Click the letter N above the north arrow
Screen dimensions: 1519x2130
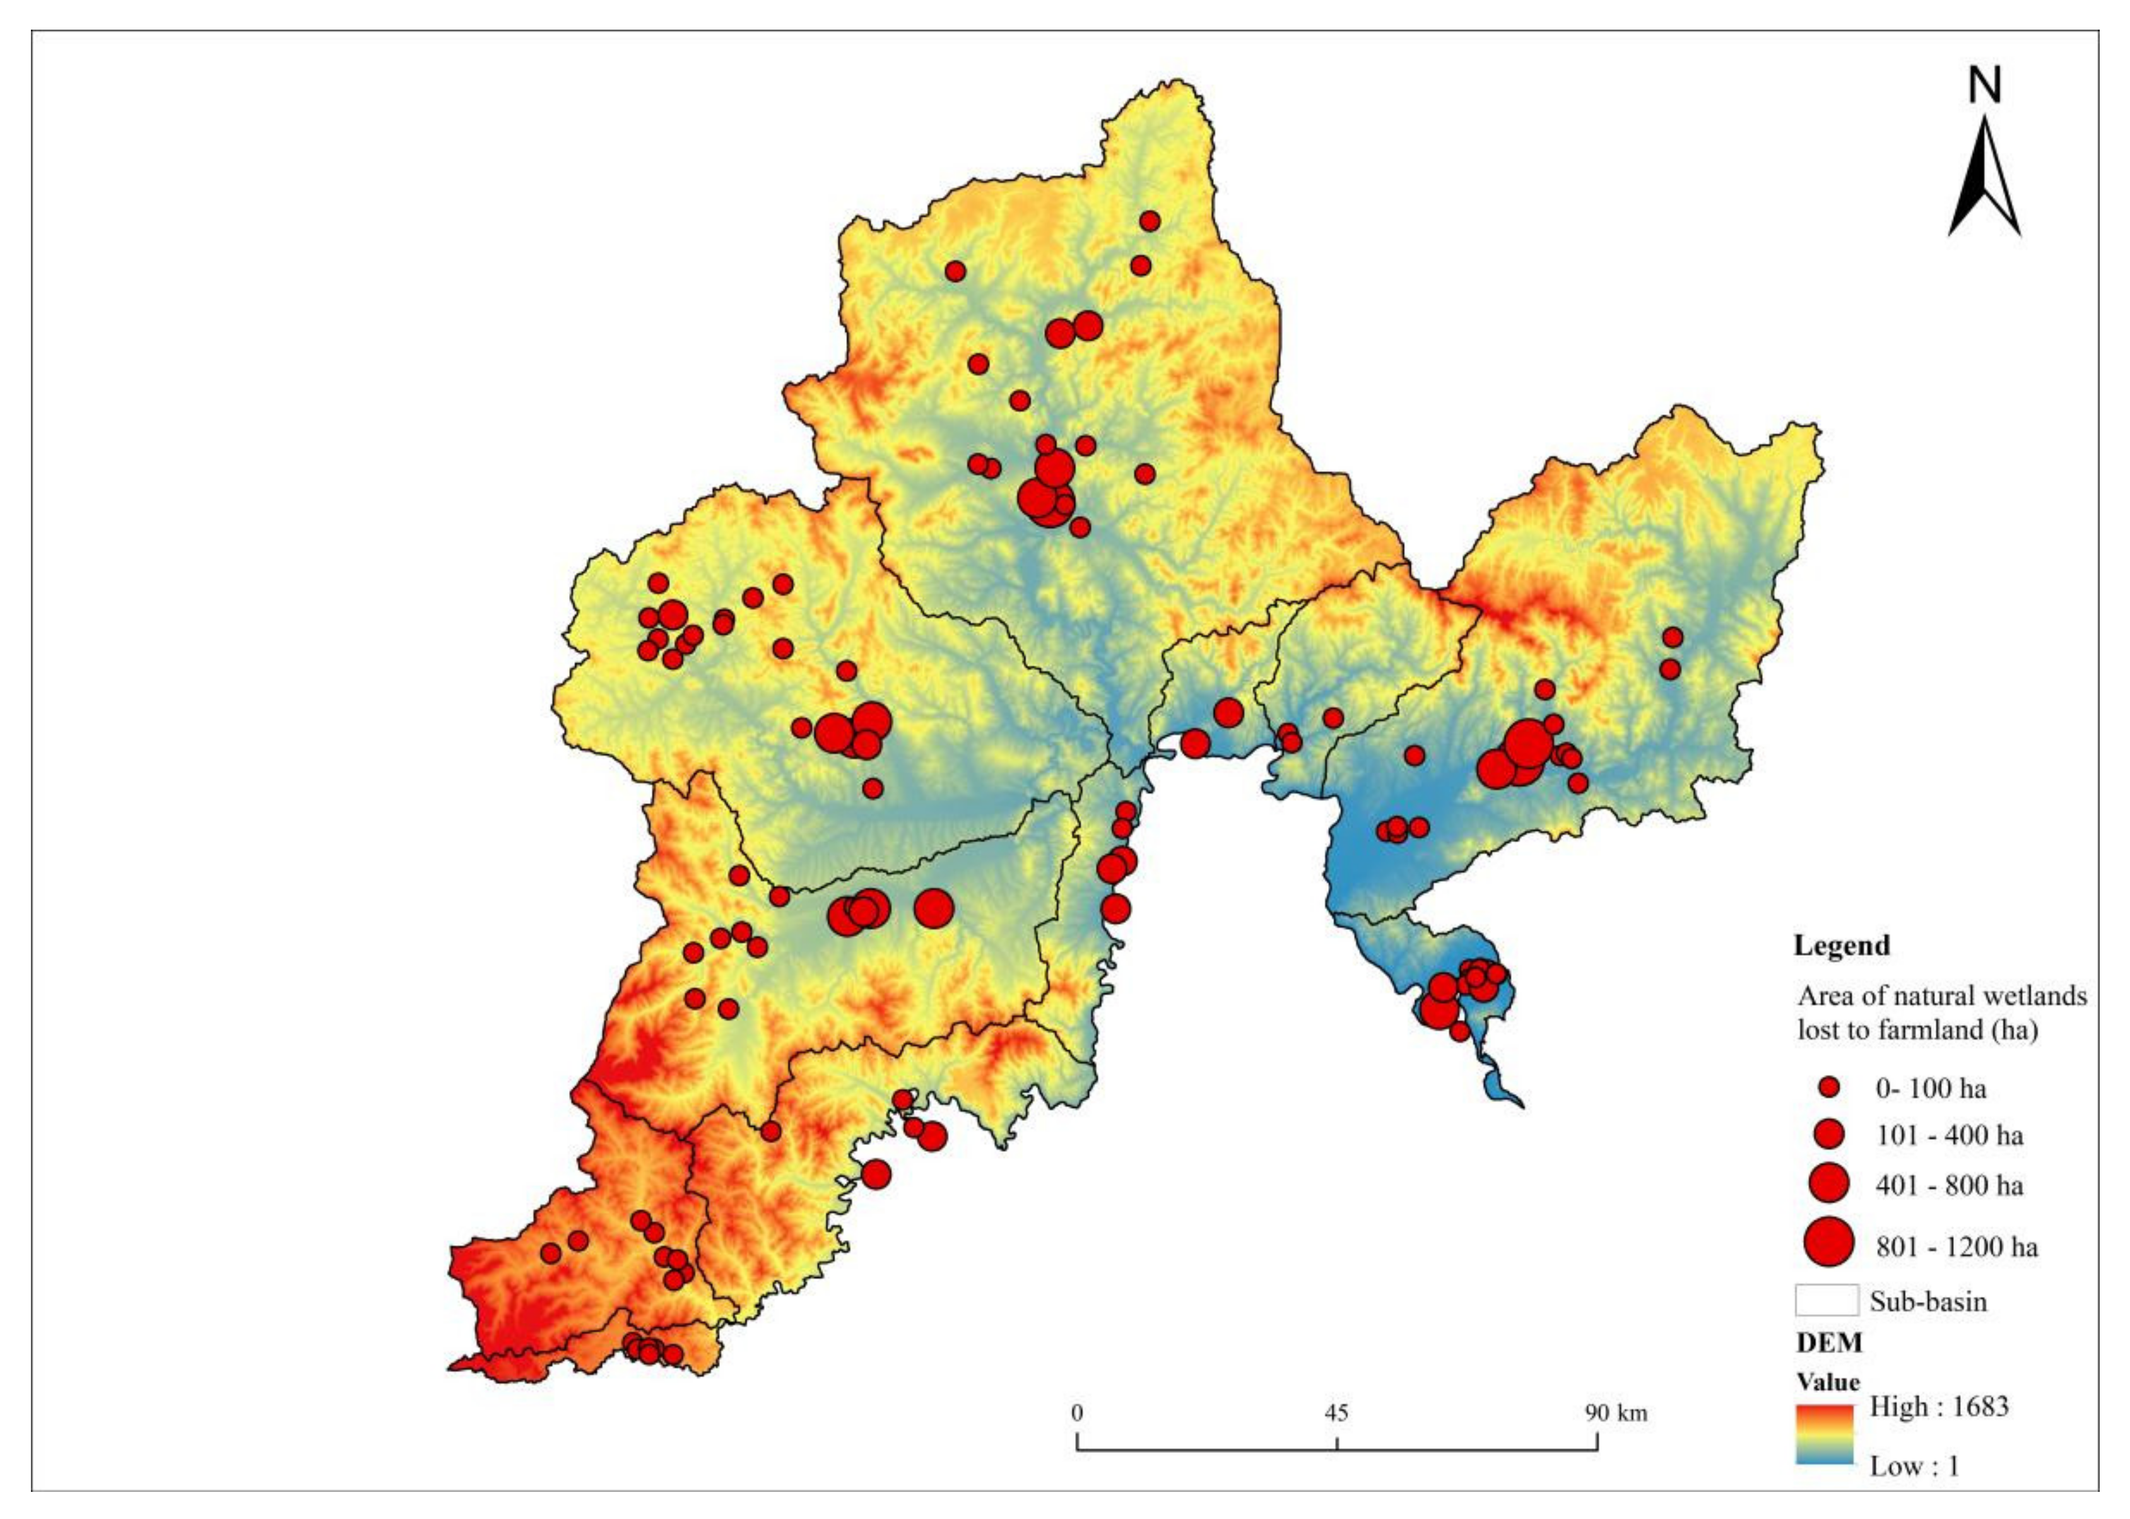(1984, 85)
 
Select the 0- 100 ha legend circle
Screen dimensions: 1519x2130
(1829, 1087)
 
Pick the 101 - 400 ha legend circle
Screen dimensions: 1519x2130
(1829, 1135)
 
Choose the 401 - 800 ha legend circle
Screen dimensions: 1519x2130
(1829, 1184)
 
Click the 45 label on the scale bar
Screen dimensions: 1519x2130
(1337, 1412)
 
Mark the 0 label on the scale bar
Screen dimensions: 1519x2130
(1078, 1412)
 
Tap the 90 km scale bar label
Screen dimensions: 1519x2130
(1616, 1412)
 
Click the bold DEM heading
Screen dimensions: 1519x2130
(1829, 1343)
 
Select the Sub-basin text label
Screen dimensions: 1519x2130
(1928, 1301)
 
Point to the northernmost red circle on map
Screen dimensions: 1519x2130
(1150, 221)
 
